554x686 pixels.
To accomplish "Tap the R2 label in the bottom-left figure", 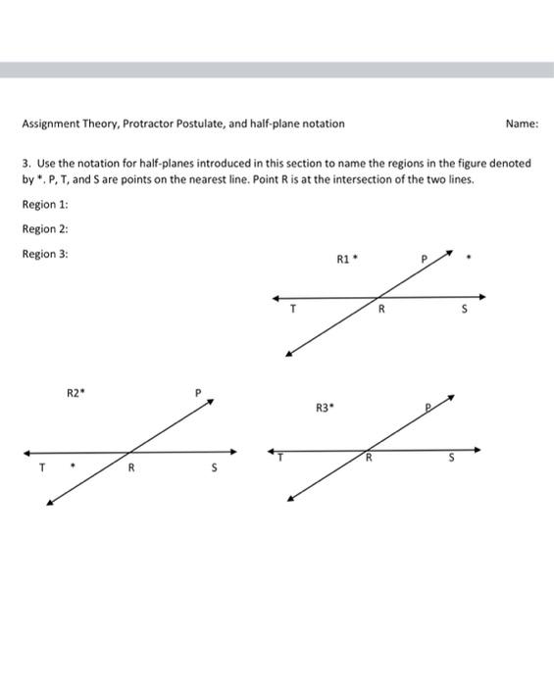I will coord(75,393).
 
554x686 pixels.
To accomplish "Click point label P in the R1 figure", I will coord(425,260).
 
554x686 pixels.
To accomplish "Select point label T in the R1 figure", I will coord(292,310).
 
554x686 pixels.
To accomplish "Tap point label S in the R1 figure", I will coord(467,310).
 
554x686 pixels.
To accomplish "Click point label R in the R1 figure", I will coord(382,310).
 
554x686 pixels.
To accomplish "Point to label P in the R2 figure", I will coord(197,394).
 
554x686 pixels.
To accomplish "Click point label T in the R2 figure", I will coord(42,467).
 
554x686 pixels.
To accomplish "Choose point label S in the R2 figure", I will coord(214,467).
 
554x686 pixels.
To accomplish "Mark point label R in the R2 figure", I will coord(130,467).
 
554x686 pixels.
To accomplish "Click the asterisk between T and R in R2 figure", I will coord(71,467).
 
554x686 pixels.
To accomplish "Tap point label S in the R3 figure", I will coord(453,458).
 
